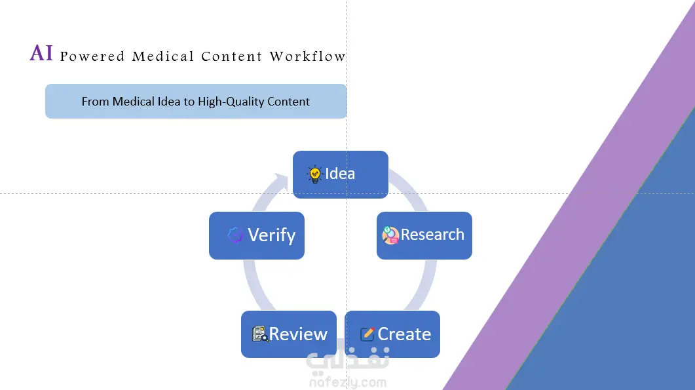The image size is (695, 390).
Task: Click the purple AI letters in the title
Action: [41, 53]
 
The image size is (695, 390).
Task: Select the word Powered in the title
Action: [92, 56]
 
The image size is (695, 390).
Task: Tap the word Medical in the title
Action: [163, 56]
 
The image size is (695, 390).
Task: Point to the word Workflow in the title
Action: [308, 56]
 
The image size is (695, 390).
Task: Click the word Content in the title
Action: [232, 56]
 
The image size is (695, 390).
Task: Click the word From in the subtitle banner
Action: [95, 102]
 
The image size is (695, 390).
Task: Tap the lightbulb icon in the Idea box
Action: [314, 174]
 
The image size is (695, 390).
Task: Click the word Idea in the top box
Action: [340, 174]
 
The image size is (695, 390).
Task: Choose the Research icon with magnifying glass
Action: [390, 235]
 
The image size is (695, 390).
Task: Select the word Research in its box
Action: [432, 234]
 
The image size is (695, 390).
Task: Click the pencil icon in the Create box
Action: [367, 334]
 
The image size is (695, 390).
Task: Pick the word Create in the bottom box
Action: [404, 334]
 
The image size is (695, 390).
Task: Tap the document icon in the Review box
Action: [260, 334]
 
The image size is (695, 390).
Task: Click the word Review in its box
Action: [298, 334]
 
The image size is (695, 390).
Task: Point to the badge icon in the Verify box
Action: [235, 235]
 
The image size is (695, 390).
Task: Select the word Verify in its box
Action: [272, 235]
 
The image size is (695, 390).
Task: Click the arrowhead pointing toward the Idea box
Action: [280, 182]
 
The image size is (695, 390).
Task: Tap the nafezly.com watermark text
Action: [348, 382]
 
